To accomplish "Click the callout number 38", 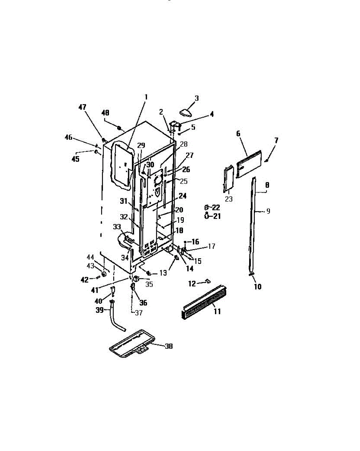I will (x=169, y=346).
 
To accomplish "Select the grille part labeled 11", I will (x=203, y=297).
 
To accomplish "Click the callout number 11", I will (x=217, y=312).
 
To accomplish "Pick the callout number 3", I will (x=196, y=98).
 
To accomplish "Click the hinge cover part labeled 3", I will (x=186, y=112).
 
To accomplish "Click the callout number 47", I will (x=82, y=107).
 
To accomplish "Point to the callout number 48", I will (x=106, y=112).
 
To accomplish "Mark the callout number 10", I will (x=257, y=287).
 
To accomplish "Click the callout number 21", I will (x=216, y=216).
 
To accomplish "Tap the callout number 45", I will (x=76, y=159).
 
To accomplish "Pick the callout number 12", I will (x=192, y=283).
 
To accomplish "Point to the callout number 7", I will (x=276, y=141).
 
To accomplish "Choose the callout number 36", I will (x=143, y=303).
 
